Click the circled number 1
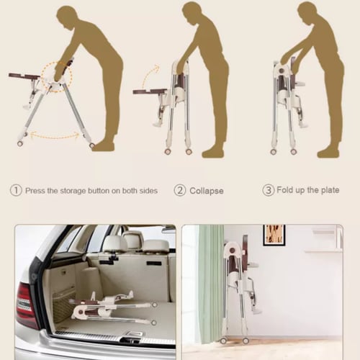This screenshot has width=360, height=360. coord(16,190)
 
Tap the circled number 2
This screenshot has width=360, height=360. coord(180,190)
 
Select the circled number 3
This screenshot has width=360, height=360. coord(268,190)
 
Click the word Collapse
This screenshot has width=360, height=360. coord(207,191)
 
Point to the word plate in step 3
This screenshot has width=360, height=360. coord(330,190)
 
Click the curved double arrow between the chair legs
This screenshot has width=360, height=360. coord(55,136)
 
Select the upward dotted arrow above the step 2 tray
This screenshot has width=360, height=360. coord(149,76)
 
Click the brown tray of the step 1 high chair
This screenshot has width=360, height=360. coord(24,76)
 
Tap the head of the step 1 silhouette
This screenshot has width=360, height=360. coord(68,17)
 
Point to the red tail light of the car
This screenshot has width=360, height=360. coord(27,305)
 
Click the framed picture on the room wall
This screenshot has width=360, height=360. coord(274,235)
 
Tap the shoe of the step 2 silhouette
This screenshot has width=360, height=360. coord(213,153)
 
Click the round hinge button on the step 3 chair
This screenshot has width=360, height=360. coord(282,71)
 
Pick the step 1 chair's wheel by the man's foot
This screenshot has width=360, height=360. coord(91,145)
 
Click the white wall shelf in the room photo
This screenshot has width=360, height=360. coord(323,251)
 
